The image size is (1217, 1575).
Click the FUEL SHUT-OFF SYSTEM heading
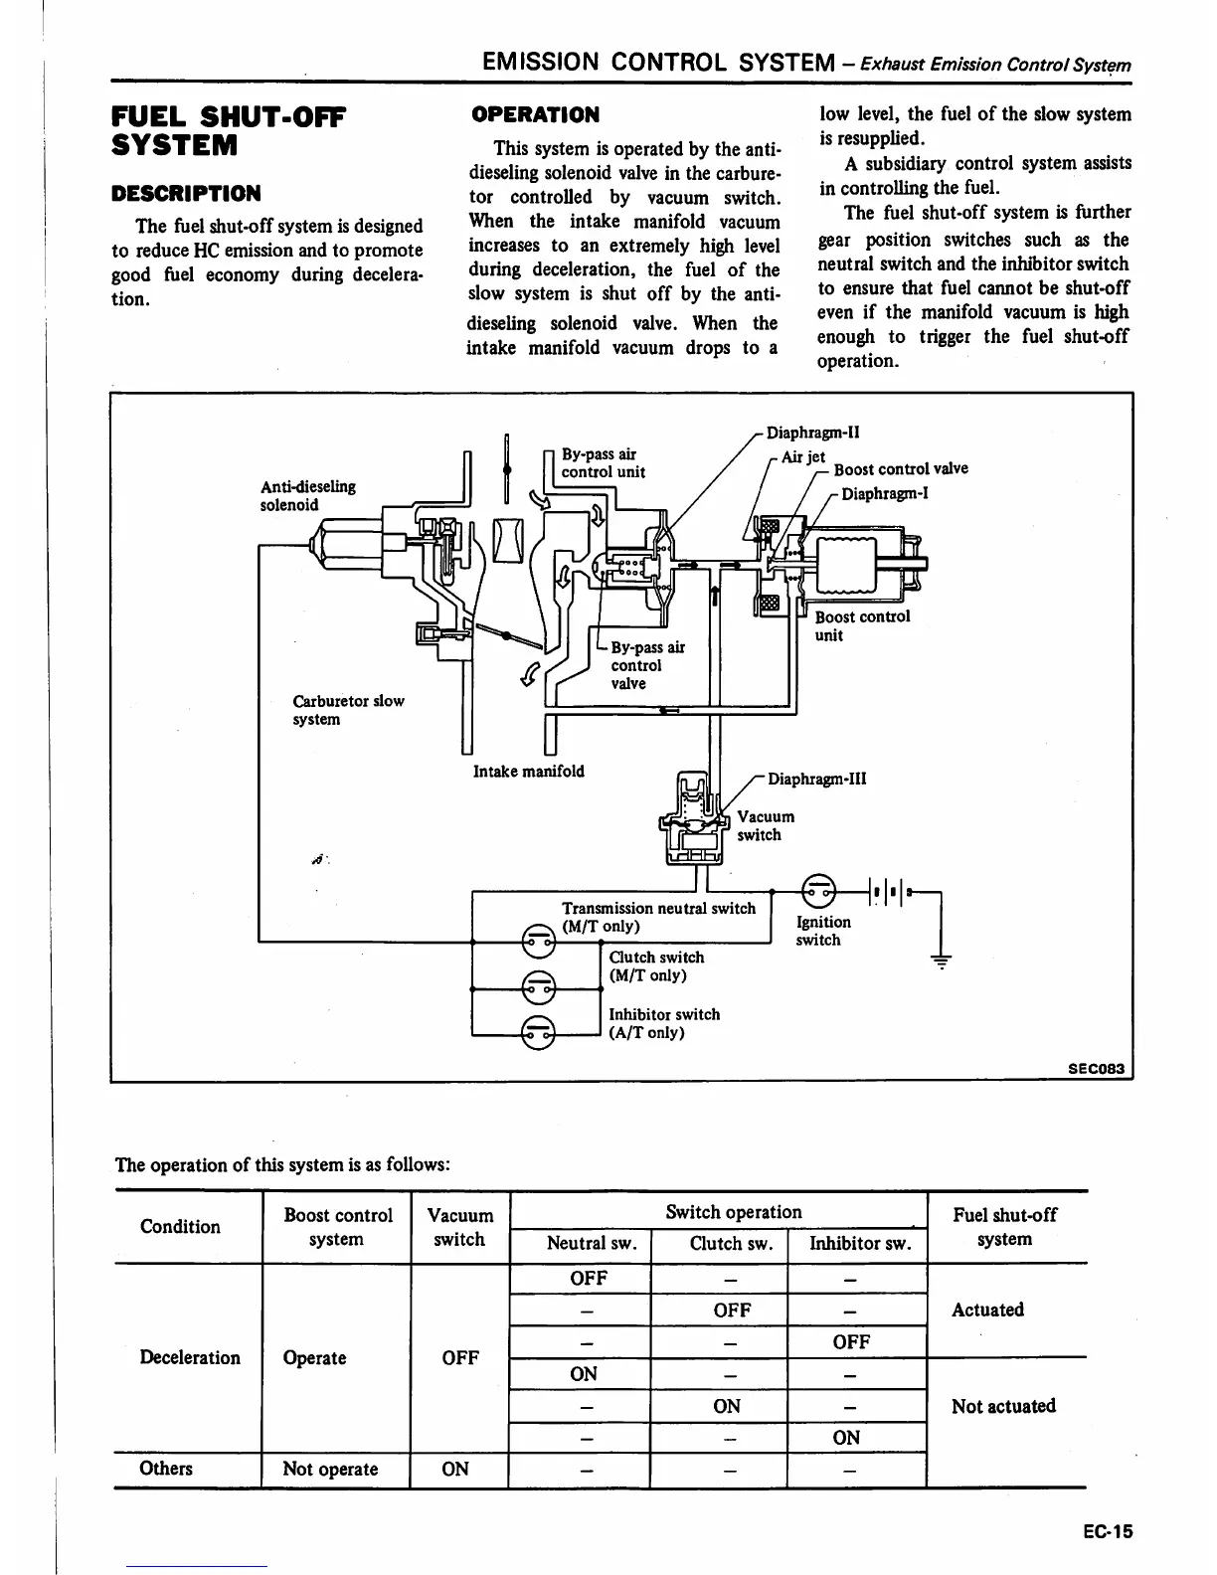[228, 131]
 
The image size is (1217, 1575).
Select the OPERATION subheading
[535, 114]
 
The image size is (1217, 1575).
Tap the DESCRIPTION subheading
[186, 193]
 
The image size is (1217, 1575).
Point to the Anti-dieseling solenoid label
[307, 495]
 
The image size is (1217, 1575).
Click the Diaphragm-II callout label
[812, 433]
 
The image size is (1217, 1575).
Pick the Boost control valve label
[900, 469]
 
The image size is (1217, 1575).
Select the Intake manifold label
[528, 771]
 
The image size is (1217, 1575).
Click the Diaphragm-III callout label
[816, 779]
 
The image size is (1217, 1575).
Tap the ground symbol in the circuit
[940, 961]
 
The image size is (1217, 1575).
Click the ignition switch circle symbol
[819, 889]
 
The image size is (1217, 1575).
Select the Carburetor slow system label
[348, 710]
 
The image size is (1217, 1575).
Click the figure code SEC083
[1096, 1069]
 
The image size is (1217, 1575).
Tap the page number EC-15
[1107, 1530]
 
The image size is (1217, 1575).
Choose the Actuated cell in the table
[986, 1310]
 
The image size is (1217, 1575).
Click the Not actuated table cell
[1002, 1406]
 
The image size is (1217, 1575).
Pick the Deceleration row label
[190, 1357]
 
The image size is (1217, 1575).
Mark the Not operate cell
[330, 1469]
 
